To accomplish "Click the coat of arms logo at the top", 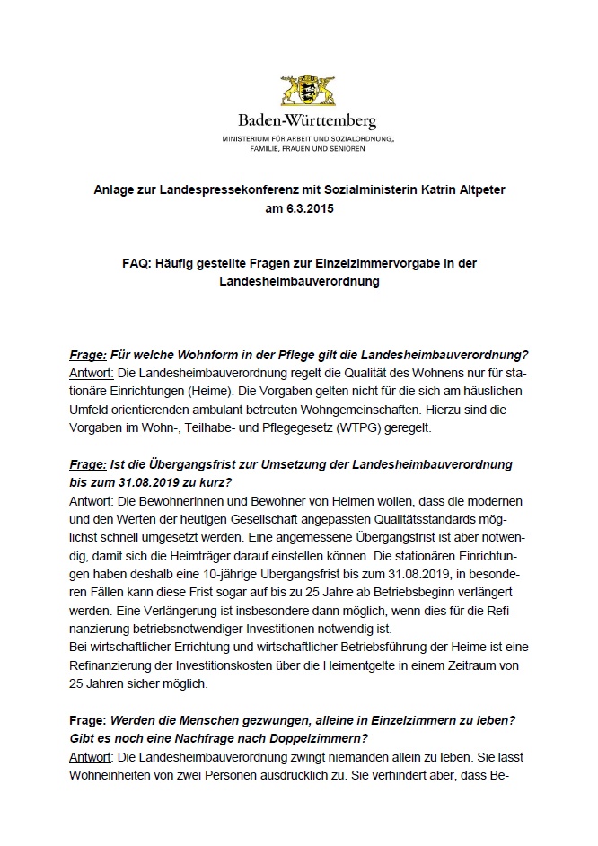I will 307,91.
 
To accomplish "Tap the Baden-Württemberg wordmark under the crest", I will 307,120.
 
